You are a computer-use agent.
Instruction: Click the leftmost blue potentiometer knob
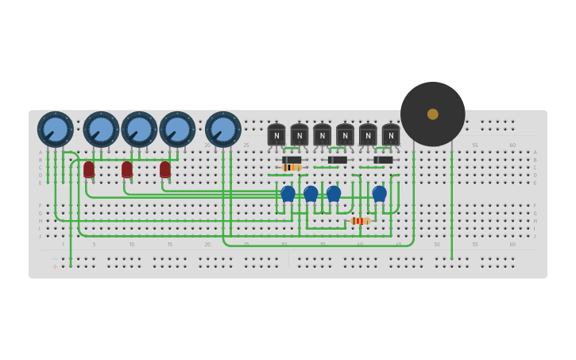click(x=55, y=130)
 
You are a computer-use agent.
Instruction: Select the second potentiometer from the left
click(x=101, y=130)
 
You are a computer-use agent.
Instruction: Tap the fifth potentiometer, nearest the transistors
click(x=222, y=130)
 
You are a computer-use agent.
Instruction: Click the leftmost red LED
click(x=89, y=169)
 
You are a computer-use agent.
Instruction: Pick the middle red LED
click(x=127, y=169)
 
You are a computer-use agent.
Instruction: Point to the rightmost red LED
click(x=165, y=169)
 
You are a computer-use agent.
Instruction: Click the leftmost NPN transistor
click(x=276, y=135)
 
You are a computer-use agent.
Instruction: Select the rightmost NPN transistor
click(x=391, y=135)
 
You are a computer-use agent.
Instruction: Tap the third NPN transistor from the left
click(x=322, y=135)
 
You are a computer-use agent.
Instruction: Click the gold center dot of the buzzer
click(x=432, y=114)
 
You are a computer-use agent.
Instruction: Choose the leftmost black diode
click(x=292, y=160)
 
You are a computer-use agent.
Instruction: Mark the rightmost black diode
click(x=383, y=160)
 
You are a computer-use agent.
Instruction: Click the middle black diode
click(x=338, y=160)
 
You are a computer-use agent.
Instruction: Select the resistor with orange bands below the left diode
click(x=292, y=168)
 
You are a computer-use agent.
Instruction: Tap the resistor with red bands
click(x=360, y=221)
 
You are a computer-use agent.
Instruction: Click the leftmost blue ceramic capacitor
click(x=288, y=193)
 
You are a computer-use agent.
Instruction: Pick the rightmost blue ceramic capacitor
click(x=379, y=193)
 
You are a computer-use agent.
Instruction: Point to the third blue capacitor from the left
click(x=334, y=193)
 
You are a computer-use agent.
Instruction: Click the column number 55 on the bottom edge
click(x=475, y=244)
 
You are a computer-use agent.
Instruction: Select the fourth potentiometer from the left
click(x=177, y=130)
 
